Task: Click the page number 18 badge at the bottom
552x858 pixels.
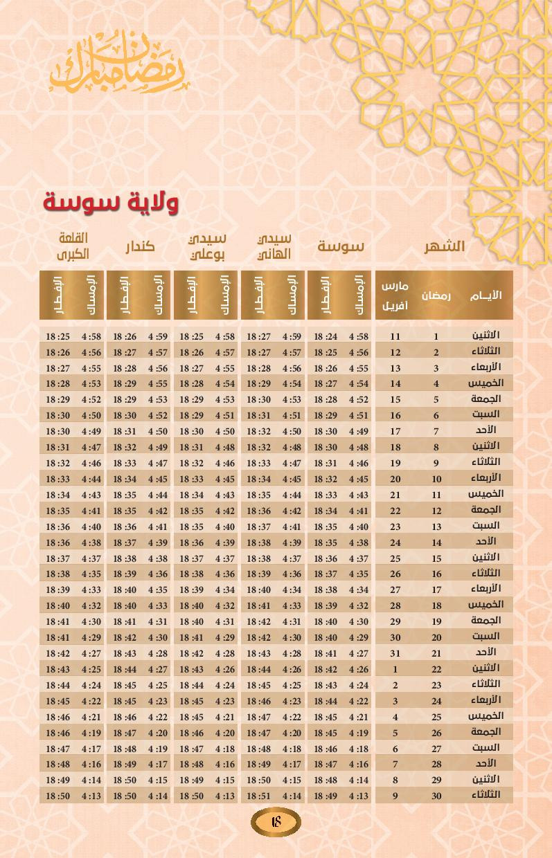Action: (276, 822)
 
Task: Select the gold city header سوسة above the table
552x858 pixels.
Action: (341, 246)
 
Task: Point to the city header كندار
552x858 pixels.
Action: (140, 246)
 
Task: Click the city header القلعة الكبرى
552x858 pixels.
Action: (73, 246)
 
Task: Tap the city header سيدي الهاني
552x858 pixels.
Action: (274, 246)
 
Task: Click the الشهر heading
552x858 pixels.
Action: (444, 246)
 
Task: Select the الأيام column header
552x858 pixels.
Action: (486, 295)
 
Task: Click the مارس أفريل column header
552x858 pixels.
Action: (395, 295)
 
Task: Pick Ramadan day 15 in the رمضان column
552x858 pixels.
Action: (436, 558)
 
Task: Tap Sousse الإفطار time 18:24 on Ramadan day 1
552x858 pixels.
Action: (326, 337)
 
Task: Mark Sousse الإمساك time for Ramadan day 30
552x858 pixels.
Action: (359, 796)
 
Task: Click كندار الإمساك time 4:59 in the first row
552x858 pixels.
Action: (157, 337)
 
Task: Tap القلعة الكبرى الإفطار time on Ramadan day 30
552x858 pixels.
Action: (58, 796)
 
